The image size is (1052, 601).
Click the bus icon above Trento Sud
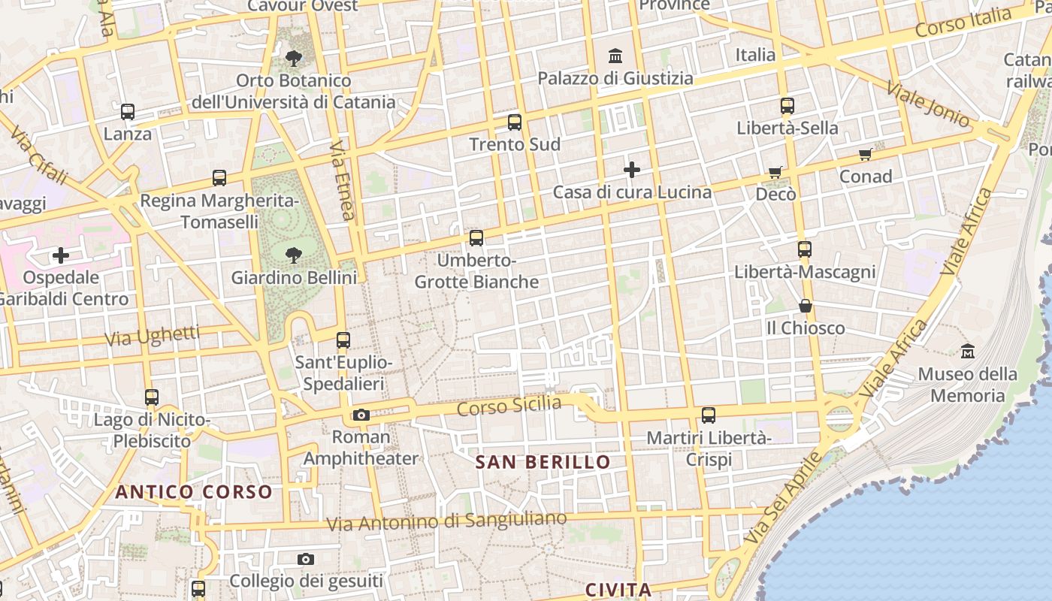515,122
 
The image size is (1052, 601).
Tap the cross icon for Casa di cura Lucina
632,170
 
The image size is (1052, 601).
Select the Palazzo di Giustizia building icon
616,56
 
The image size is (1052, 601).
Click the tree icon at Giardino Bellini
294,255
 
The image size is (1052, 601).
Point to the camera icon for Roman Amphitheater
361,415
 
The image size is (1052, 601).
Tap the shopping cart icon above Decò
775,173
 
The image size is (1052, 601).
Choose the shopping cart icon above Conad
866,155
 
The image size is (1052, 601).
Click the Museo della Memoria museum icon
968,351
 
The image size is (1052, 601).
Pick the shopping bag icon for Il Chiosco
806,306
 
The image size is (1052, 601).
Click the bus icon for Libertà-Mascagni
805,249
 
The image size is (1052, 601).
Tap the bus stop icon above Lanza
128,112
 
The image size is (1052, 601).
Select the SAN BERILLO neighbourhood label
543,462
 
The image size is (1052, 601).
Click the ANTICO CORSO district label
194,492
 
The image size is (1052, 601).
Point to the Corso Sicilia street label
509,406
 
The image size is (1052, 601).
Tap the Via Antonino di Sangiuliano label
447,521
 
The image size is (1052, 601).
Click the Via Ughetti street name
152,336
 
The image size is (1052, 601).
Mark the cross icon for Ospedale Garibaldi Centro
61,255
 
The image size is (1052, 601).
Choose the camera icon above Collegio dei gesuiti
305,559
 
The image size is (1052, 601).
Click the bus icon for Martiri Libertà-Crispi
709,415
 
